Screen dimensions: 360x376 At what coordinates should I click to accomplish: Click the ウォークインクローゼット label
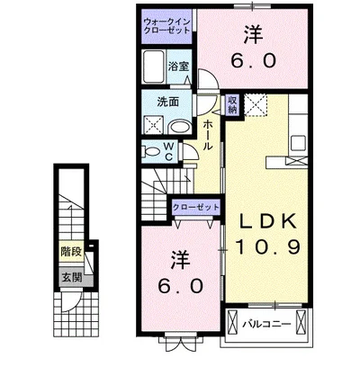point(166,26)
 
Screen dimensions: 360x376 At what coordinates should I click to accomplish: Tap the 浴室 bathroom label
point(178,67)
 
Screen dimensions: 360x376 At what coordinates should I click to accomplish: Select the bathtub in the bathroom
point(154,67)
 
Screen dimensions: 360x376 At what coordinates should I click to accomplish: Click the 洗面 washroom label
point(168,103)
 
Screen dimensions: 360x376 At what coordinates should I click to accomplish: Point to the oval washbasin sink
point(179,127)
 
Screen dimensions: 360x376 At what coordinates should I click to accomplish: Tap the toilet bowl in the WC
point(150,151)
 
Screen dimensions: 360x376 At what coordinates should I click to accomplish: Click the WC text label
point(168,151)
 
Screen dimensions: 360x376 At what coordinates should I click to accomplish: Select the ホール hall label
point(208,135)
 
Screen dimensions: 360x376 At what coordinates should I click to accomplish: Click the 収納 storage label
point(232,104)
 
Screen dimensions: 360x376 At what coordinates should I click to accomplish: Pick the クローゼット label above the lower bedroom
point(196,207)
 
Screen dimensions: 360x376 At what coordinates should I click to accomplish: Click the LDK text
point(267,222)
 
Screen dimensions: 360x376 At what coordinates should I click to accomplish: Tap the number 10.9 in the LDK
point(268,247)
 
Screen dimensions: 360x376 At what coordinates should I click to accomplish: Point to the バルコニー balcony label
point(266,325)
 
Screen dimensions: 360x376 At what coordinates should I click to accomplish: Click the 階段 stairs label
point(71,251)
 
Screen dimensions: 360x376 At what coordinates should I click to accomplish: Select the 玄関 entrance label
point(71,277)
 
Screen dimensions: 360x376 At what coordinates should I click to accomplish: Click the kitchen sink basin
point(297,144)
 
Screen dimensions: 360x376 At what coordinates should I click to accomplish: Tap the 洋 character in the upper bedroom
point(253,35)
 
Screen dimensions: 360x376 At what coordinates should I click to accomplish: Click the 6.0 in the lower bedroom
point(181,286)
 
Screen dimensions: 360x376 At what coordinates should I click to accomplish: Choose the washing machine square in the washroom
point(153,125)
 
